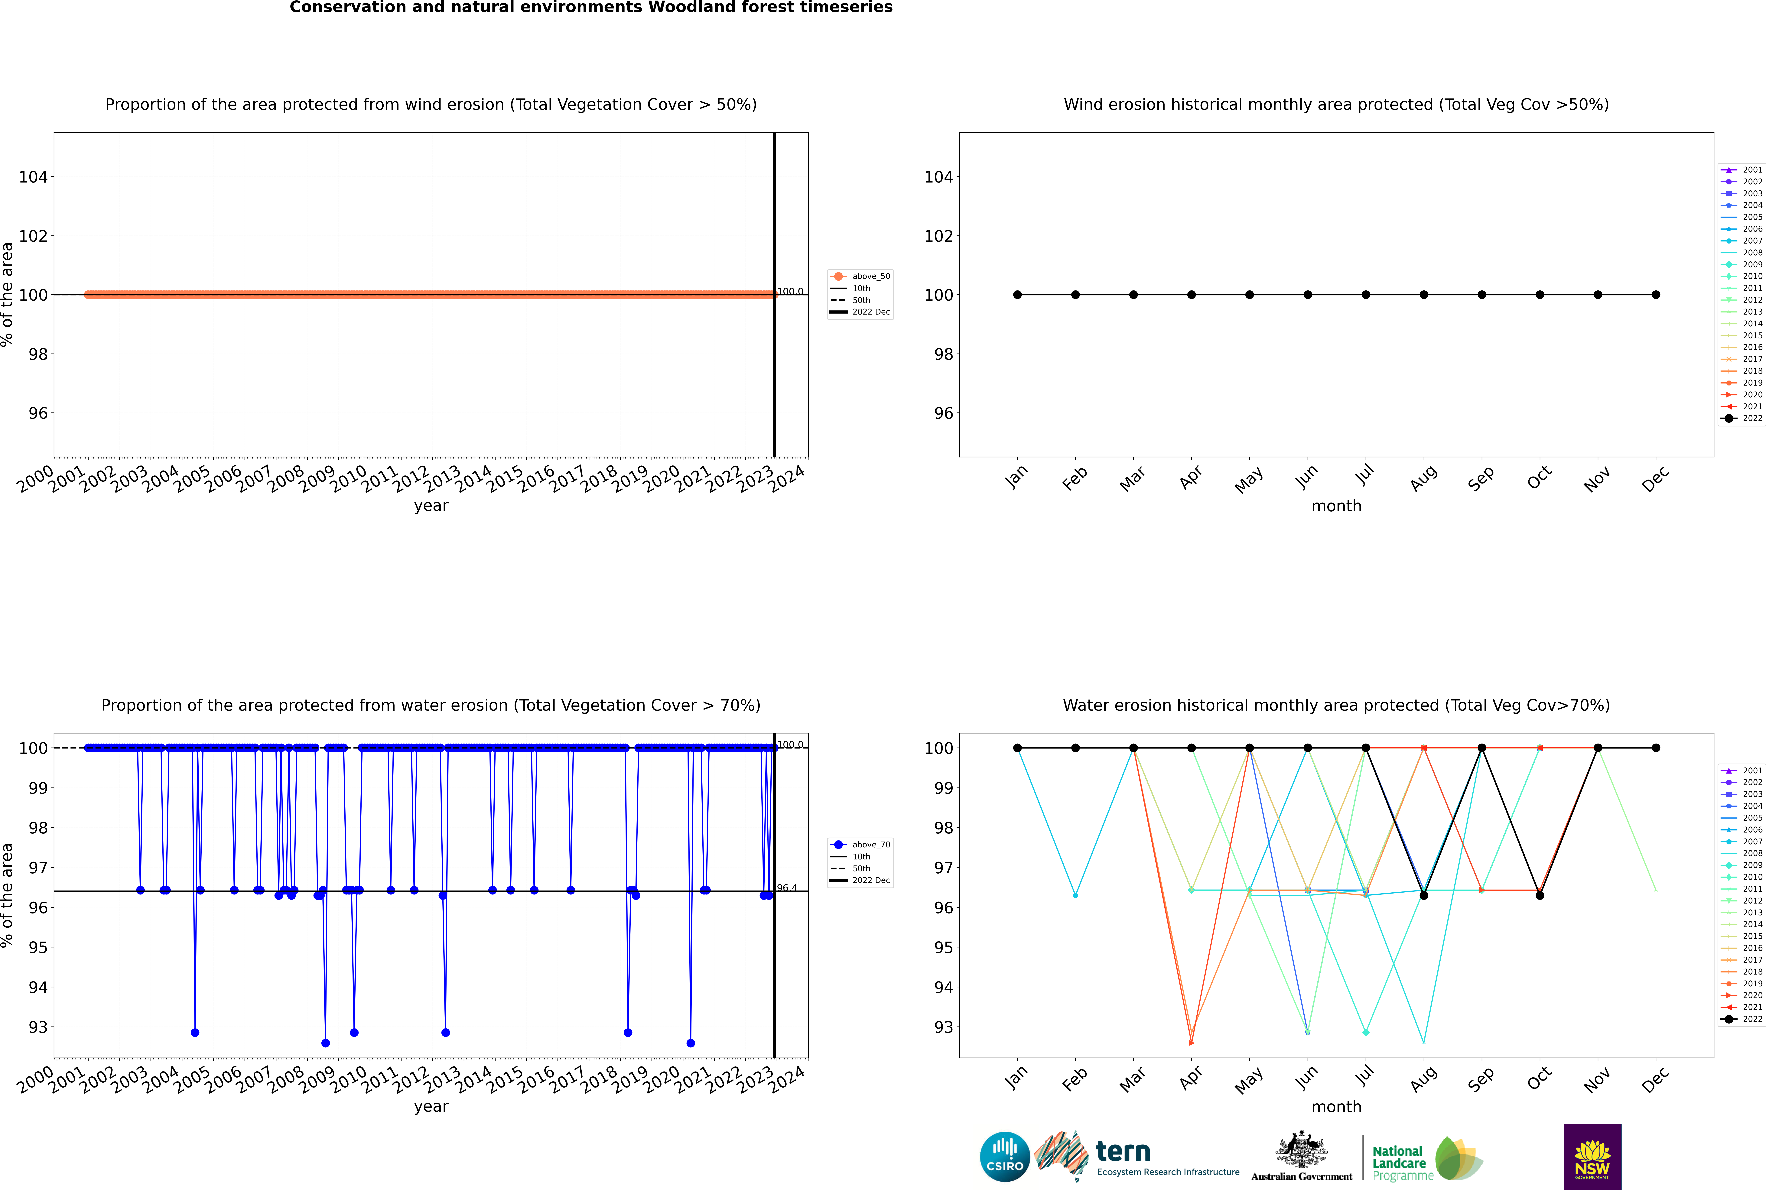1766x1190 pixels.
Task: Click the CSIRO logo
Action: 1004,1157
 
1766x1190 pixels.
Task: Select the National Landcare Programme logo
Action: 1426,1159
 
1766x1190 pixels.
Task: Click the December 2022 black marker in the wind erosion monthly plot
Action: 1656,294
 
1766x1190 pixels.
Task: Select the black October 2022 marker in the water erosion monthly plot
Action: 1540,896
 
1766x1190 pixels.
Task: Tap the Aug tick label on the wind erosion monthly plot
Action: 1423,478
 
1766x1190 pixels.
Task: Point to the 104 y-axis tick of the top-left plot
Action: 33,177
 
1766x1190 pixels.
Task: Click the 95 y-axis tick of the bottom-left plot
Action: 38,947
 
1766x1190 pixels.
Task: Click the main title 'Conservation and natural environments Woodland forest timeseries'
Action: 591,8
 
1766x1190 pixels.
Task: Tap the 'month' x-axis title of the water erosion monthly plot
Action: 1336,1107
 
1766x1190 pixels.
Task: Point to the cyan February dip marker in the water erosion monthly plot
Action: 1075,896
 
